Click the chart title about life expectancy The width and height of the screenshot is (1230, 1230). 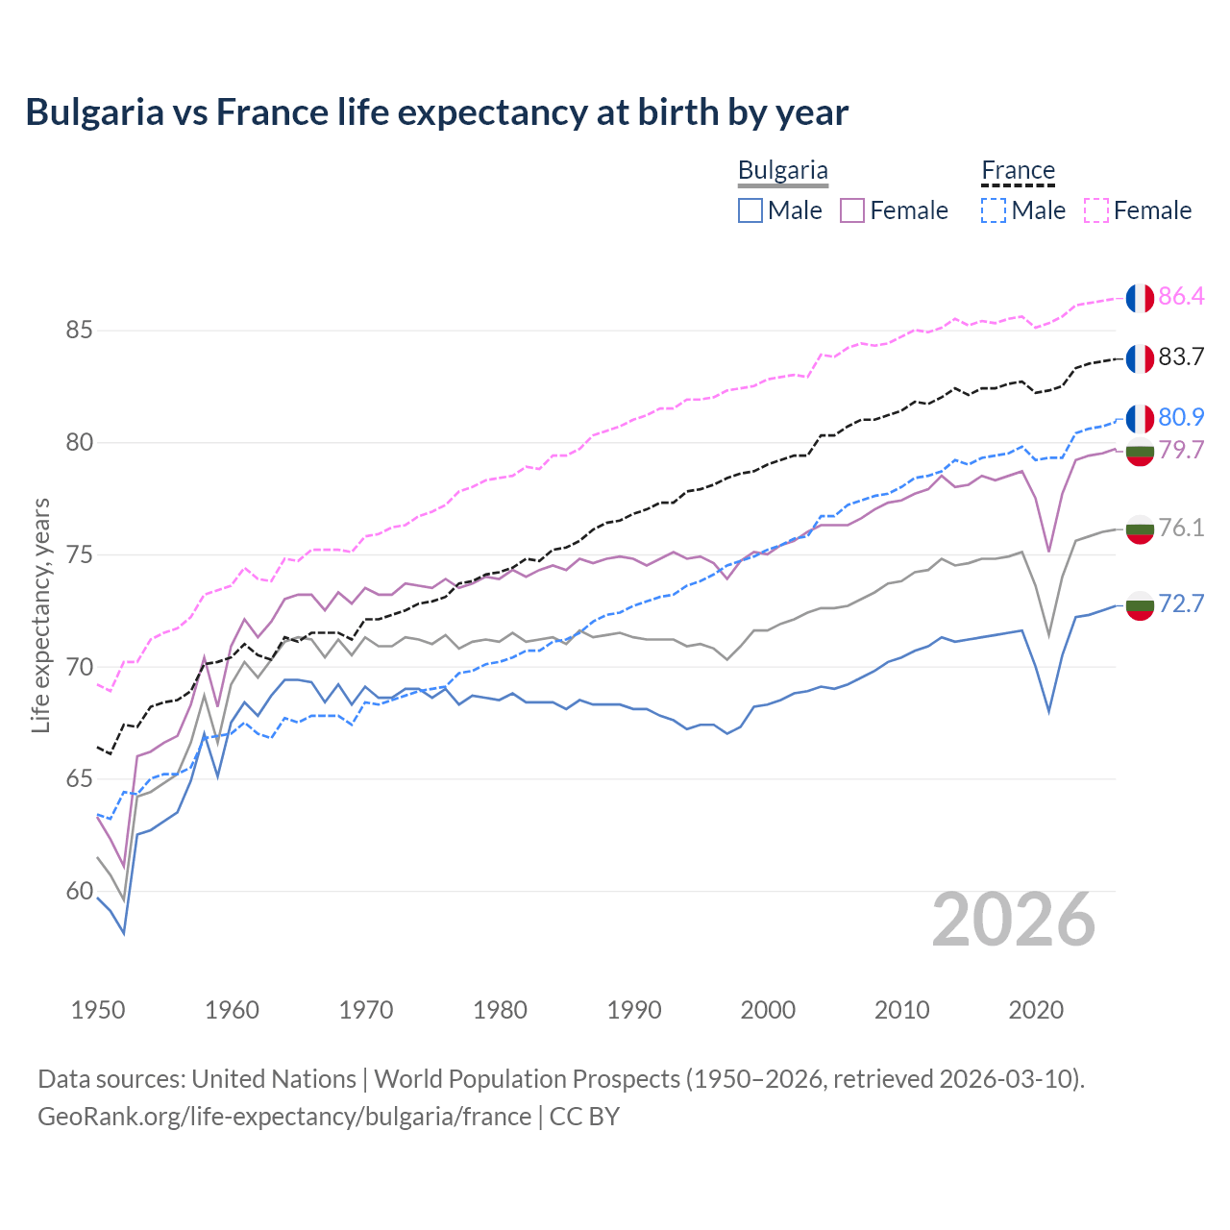[437, 112]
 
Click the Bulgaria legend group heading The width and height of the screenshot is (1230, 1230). [782, 171]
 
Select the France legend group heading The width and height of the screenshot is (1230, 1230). [1018, 171]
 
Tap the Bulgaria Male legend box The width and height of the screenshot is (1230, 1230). [750, 210]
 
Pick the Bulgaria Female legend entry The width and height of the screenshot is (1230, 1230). [894, 210]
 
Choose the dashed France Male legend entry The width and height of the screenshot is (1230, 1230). [1024, 210]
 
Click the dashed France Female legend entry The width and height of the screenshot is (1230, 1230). [1138, 210]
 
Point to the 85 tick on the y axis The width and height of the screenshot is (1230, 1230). [79, 331]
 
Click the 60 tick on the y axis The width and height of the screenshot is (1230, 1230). [79, 891]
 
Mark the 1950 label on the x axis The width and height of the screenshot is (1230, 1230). [98, 1010]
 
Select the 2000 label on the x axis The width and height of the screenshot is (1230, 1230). [768, 1010]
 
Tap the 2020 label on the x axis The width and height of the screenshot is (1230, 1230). [1036, 1010]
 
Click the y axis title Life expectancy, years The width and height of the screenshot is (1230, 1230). [41, 615]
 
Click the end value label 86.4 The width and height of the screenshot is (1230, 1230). [1181, 297]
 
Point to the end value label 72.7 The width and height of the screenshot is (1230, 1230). [1181, 603]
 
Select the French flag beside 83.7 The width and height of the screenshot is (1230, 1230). [1140, 358]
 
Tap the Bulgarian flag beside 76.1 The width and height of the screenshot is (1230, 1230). [1140, 529]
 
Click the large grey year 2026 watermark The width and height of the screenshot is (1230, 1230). [1014, 921]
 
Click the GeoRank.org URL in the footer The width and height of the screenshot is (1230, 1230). [284, 1117]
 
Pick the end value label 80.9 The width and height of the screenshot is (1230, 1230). [1181, 417]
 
